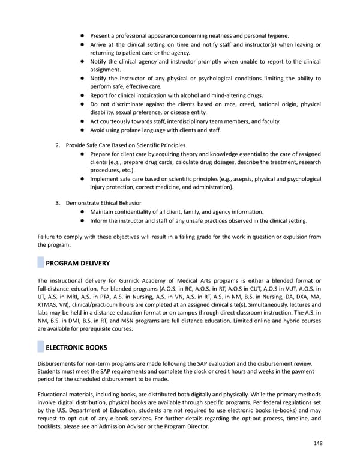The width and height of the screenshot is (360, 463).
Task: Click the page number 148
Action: point(317,443)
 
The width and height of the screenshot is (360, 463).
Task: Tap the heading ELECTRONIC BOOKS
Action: point(77,348)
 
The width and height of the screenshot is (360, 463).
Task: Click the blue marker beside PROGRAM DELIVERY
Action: point(41,262)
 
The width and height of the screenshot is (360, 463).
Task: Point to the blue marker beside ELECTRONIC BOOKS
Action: point(41,348)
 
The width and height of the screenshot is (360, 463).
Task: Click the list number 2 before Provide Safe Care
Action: point(58,145)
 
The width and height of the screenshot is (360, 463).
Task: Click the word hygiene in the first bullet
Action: point(277,36)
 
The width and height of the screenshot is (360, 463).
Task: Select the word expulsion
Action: point(289,237)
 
